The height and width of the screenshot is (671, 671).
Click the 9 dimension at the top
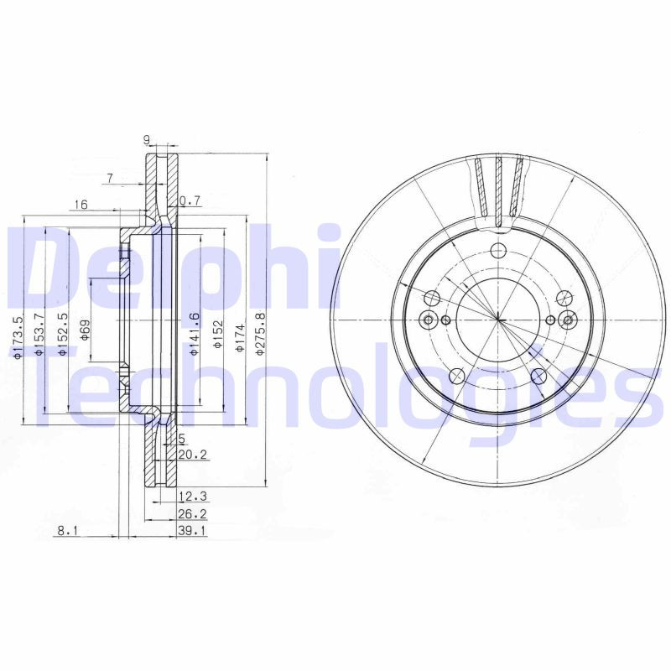(x=147, y=141)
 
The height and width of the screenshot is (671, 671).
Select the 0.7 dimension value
(x=191, y=200)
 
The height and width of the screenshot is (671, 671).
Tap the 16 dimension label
(x=81, y=204)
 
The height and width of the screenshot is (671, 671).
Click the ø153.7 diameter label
(x=39, y=335)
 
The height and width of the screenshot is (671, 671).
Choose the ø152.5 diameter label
(x=62, y=335)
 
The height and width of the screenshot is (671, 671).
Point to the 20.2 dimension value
(x=192, y=455)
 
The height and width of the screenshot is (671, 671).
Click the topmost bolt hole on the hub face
(x=498, y=250)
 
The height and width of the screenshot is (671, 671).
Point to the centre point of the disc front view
(x=498, y=320)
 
